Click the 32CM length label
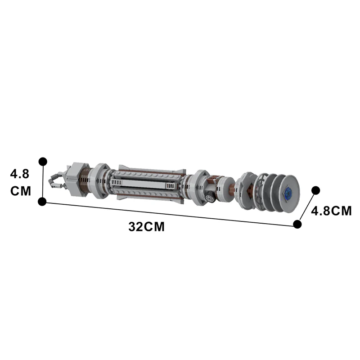point(146,227)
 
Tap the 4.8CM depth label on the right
point(332,211)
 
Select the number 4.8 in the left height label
point(19,174)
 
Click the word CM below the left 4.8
point(21,191)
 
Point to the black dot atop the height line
point(43,161)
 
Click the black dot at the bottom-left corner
point(42,202)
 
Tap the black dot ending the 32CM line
point(297,224)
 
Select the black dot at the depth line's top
point(316,190)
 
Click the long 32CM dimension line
point(171,213)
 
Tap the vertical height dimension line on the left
point(43,181)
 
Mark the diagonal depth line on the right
point(307,207)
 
